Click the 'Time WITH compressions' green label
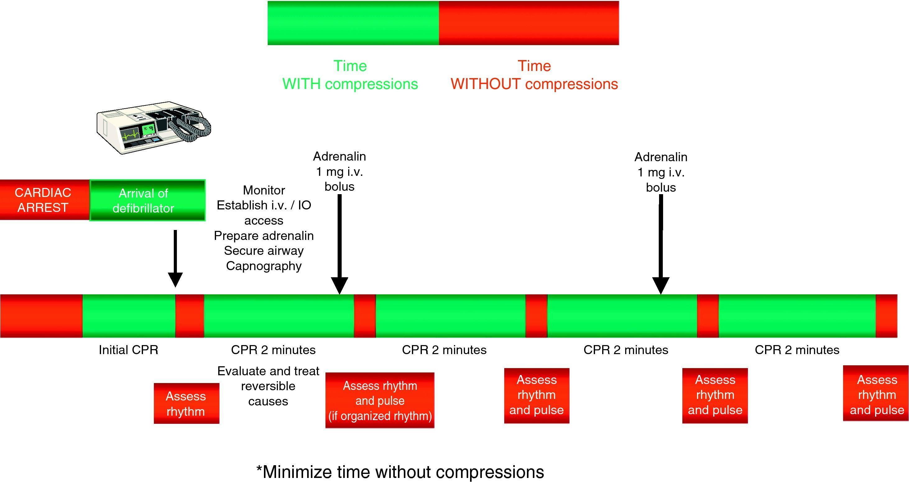[x=350, y=75]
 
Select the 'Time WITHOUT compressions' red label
[x=534, y=75]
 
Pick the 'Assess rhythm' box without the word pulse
[x=186, y=403]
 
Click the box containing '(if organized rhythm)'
[x=380, y=400]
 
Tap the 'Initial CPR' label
[x=128, y=350]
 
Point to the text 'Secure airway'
[x=264, y=251]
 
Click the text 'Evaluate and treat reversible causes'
[x=268, y=386]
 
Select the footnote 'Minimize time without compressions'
[x=400, y=472]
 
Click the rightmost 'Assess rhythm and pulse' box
[x=877, y=395]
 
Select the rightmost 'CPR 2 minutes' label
[x=797, y=350]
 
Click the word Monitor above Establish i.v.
[x=264, y=190]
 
